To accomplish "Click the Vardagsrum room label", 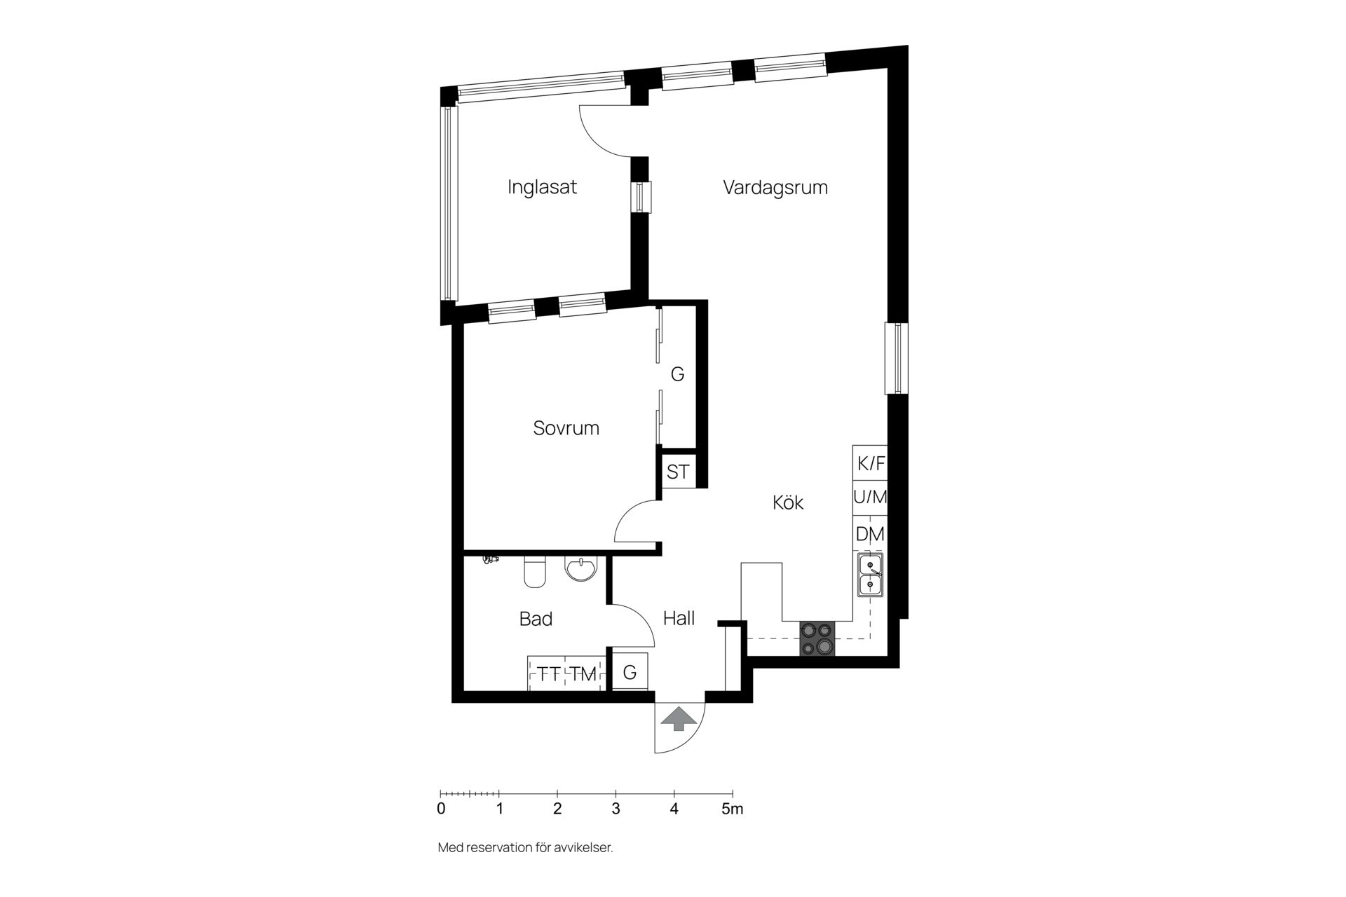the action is (x=775, y=188).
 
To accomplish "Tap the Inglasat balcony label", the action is (x=542, y=187).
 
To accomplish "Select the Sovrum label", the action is (x=566, y=428).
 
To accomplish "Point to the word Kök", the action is (x=788, y=502).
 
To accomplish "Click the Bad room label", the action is (x=536, y=619).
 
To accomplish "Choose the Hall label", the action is (x=679, y=618).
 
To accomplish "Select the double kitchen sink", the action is (x=870, y=575).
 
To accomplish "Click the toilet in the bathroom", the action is (x=535, y=572).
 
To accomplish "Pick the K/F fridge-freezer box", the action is (x=871, y=463).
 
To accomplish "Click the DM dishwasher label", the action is (x=870, y=534).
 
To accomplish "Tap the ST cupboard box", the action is (x=678, y=472).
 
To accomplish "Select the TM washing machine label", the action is (x=583, y=674).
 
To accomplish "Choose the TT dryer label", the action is (x=549, y=674).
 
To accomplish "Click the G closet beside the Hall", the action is (x=630, y=673).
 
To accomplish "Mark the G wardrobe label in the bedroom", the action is (x=677, y=375).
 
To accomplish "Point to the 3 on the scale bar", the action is (x=616, y=809).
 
